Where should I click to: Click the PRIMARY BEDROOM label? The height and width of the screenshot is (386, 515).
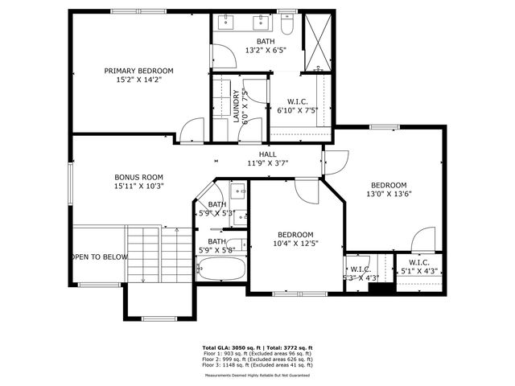click(138, 71)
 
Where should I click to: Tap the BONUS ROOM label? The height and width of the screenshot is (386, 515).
click(138, 177)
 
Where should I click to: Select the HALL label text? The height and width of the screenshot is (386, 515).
click(267, 154)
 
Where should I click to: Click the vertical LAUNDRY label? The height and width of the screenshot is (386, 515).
click(237, 105)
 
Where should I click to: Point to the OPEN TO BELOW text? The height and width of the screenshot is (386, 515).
click(98, 257)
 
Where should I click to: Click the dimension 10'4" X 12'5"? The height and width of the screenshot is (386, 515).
click(295, 243)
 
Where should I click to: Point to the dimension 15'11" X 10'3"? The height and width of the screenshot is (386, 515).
click(138, 186)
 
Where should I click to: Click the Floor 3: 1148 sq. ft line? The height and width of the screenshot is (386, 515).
click(257, 366)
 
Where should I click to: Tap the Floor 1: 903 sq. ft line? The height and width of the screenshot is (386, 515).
click(257, 355)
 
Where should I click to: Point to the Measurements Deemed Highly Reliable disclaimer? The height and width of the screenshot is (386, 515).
click(257, 375)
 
